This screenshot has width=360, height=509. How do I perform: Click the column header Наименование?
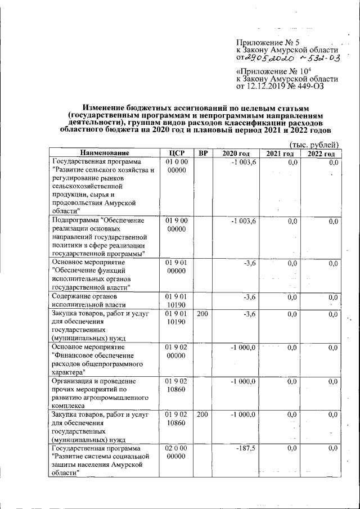click(104, 154)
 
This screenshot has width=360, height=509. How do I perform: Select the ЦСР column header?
click(176, 154)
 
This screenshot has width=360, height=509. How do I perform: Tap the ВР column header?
click(202, 154)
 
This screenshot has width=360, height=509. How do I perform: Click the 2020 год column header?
click(236, 154)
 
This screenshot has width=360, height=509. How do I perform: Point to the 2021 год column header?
click(280, 154)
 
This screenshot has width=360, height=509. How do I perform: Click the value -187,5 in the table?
click(246, 448)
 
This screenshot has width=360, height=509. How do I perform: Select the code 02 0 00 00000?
click(176, 452)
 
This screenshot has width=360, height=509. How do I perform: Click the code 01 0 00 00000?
click(176, 166)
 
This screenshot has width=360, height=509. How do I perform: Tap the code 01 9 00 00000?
click(176, 225)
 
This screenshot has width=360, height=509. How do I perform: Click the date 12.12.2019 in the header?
click(267, 87)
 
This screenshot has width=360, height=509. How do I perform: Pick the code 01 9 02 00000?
click(176, 352)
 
